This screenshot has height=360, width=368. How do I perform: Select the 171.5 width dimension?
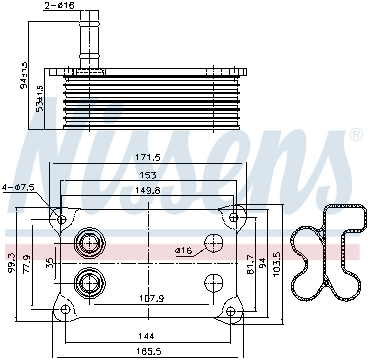[147, 158]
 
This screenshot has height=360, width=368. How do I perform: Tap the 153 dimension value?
[147, 175]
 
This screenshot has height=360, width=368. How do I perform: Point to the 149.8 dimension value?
[147, 192]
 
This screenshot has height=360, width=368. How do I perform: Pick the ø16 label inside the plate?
[183, 249]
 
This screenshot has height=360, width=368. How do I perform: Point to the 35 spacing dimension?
[51, 263]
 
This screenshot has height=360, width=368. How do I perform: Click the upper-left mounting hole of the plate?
[62, 219]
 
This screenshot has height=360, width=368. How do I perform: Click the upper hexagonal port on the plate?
[89, 243]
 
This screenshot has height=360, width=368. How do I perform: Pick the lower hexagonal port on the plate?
[89, 282]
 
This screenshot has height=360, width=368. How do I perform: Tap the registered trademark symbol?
[354, 134]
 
